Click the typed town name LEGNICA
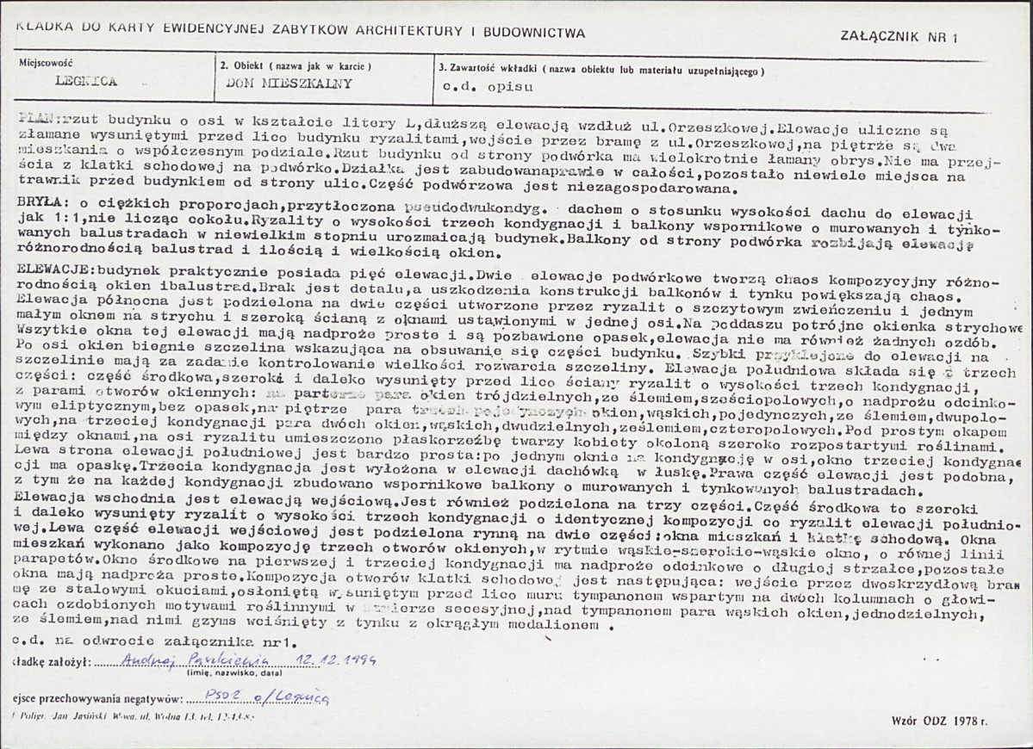[x=85, y=84]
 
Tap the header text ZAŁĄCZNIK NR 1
[x=891, y=36]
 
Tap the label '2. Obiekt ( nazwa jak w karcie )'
[x=296, y=65]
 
